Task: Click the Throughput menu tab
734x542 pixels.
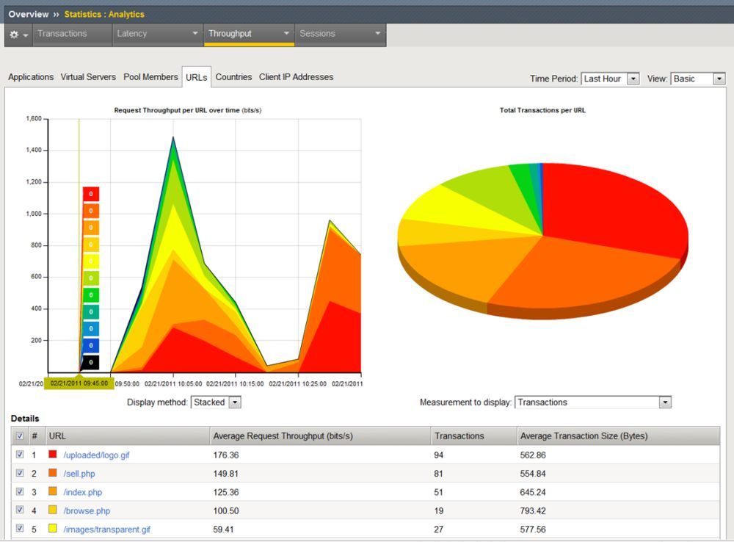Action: pyautogui.click(x=249, y=35)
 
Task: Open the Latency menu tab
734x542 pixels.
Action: pyautogui.click(x=158, y=35)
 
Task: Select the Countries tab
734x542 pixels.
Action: pyautogui.click(x=233, y=77)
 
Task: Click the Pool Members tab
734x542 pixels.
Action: pyautogui.click(x=150, y=77)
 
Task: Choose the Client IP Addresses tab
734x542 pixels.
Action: pyautogui.click(x=297, y=77)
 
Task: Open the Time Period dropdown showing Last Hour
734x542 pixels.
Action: pyautogui.click(x=610, y=79)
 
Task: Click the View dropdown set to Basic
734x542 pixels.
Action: pyautogui.click(x=698, y=79)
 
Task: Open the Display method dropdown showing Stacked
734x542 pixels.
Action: pyautogui.click(x=216, y=402)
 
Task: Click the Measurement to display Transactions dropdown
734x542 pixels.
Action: pyautogui.click(x=593, y=402)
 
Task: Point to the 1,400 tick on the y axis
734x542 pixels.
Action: pyautogui.click(x=34, y=150)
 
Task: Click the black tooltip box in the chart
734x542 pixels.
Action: pyautogui.click(x=91, y=362)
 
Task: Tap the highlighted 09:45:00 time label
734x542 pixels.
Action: pyautogui.click(x=79, y=383)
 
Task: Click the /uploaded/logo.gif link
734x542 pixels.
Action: pyautogui.click(x=96, y=455)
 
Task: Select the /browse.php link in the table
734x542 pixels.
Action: pyautogui.click(x=87, y=510)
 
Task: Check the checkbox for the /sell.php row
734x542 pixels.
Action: pyautogui.click(x=20, y=473)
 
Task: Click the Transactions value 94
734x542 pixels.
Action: pyautogui.click(x=439, y=455)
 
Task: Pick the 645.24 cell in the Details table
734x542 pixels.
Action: pyautogui.click(x=533, y=492)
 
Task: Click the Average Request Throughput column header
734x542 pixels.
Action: pyautogui.click(x=283, y=436)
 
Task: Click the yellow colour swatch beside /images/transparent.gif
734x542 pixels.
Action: pyautogui.click(x=52, y=529)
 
